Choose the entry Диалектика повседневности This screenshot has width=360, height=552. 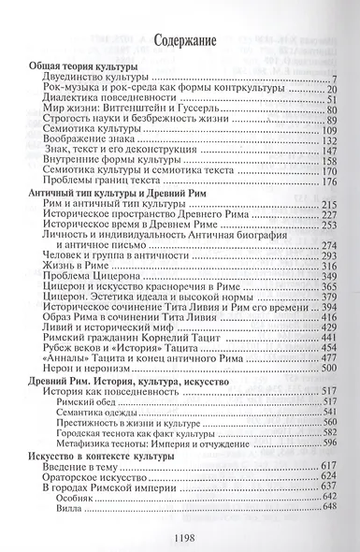[x=109, y=100]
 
